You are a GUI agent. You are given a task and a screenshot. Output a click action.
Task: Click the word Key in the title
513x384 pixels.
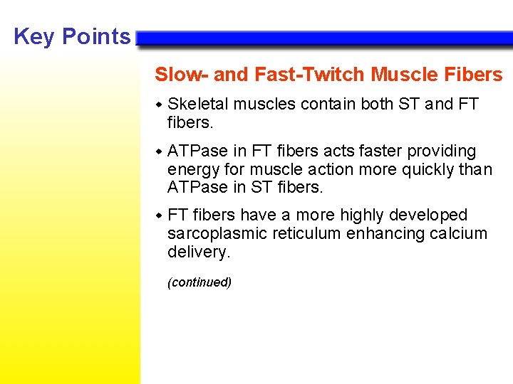tap(34, 36)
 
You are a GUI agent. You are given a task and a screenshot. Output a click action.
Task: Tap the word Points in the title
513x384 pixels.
tap(95, 36)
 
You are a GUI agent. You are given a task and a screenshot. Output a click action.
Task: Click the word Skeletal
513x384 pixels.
tap(198, 104)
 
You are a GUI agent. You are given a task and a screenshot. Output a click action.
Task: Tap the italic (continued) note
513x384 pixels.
tap(199, 282)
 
